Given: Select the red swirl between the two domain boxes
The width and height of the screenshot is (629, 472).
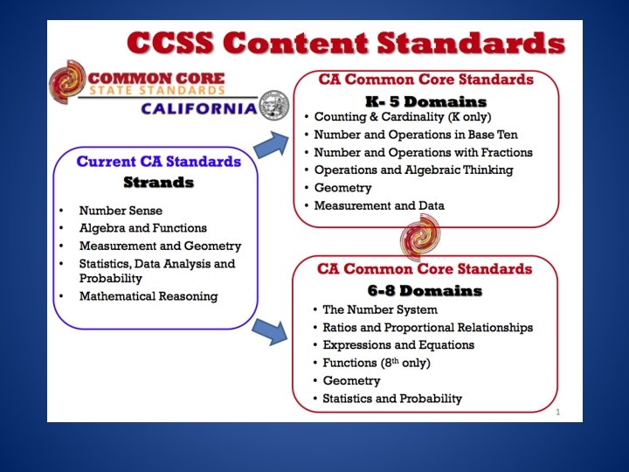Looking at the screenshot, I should point(419,235).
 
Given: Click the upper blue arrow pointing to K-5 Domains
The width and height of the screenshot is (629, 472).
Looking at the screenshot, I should point(276,143).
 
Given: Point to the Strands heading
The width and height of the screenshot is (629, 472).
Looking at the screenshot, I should point(158,183).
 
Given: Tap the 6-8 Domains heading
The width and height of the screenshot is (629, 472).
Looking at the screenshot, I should point(424,290).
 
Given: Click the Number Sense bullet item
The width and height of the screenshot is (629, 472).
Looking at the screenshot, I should point(121,211).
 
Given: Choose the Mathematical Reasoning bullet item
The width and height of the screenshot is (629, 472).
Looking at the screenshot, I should point(149,296).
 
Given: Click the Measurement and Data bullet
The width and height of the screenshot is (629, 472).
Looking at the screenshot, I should point(379,206).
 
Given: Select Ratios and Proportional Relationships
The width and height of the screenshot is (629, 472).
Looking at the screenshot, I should point(427,328).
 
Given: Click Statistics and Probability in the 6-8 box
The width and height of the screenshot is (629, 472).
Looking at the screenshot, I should point(392,399).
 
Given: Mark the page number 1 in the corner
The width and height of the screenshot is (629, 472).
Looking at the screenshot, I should point(557,411).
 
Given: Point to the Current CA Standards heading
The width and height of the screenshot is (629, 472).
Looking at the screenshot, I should point(158,162).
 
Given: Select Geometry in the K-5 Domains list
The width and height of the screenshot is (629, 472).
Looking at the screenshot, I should point(342,188).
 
